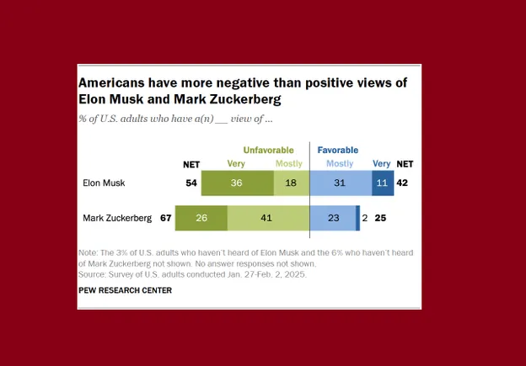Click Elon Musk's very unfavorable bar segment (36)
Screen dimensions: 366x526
(x=238, y=182)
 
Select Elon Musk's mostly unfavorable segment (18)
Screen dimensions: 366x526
(x=292, y=182)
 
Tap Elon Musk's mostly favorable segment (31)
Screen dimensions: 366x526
(x=341, y=182)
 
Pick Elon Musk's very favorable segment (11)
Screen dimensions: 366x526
(x=382, y=182)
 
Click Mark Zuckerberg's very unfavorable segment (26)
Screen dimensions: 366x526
(x=201, y=218)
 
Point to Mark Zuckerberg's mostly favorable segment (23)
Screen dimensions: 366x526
(x=333, y=218)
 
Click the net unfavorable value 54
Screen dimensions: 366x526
(x=191, y=182)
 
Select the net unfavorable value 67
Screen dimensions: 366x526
(x=165, y=218)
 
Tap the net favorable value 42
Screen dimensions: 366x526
(x=404, y=182)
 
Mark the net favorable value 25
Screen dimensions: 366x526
(x=380, y=218)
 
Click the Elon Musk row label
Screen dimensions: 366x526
(x=103, y=182)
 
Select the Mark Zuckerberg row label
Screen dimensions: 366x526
(x=117, y=218)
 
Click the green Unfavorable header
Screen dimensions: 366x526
(x=268, y=150)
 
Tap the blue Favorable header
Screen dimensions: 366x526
(x=338, y=150)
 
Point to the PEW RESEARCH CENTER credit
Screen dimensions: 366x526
(x=125, y=290)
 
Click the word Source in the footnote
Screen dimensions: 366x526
(x=92, y=274)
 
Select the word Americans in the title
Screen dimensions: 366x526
(x=115, y=83)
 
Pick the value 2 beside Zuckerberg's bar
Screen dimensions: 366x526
(x=365, y=218)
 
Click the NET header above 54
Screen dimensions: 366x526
(x=191, y=164)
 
